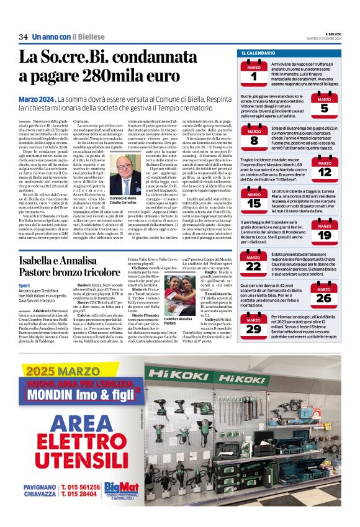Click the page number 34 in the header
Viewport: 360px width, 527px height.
point(23,37)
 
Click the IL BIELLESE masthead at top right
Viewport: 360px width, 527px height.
point(327,35)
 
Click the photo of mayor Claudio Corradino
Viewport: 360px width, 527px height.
point(141,173)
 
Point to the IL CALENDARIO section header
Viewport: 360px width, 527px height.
point(259,53)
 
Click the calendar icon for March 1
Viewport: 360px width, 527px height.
point(254,73)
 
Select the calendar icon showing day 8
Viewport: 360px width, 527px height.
point(254,137)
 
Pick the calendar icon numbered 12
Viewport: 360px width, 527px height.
point(325,169)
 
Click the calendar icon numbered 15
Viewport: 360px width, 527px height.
point(254,200)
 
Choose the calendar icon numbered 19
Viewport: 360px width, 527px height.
point(325,233)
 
